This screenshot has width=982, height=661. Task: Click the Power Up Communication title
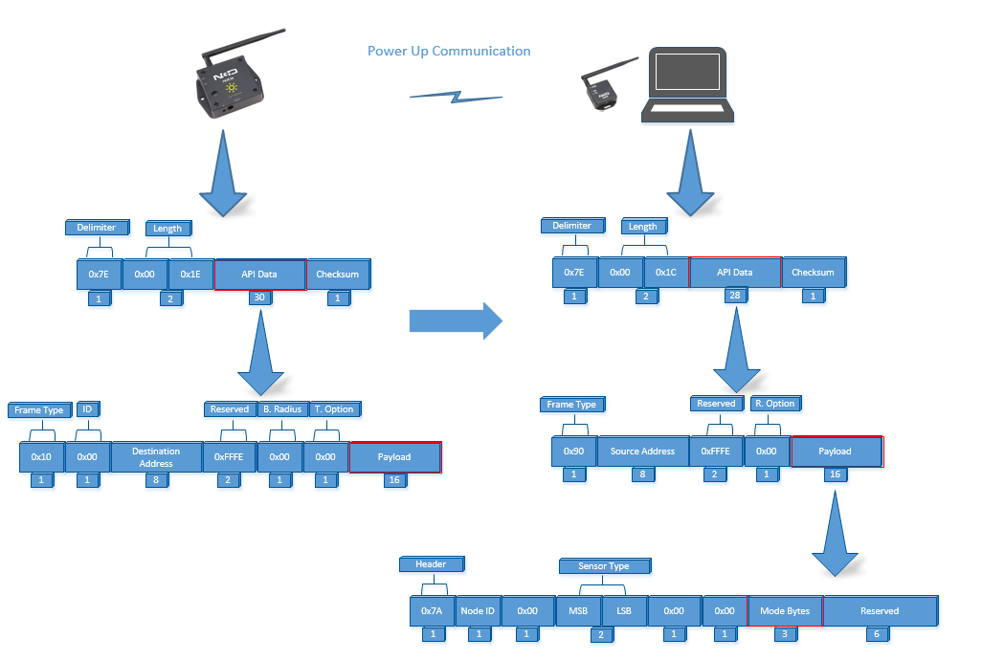point(449,51)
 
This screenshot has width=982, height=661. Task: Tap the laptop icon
point(687,84)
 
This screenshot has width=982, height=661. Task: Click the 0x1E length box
point(190,275)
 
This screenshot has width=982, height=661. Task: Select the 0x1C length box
point(666,273)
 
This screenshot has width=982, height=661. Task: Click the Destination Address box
point(156,457)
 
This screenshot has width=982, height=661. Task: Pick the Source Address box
point(642,452)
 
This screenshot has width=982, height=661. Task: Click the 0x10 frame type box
point(41,457)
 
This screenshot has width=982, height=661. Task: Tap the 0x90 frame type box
point(573,452)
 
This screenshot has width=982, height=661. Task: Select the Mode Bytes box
point(785,611)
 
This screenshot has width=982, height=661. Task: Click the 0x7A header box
point(432,611)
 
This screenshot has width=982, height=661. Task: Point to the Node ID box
point(478,611)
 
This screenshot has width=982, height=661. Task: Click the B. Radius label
point(282,409)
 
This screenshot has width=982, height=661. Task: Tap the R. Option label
point(775,404)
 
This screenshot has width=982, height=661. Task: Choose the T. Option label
point(334,409)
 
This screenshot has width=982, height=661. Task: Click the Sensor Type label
point(604,566)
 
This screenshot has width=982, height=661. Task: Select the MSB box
point(578,611)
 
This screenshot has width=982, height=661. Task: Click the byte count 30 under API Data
point(259,297)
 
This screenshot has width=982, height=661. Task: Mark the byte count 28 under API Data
point(735,296)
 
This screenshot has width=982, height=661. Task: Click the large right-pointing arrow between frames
point(456,321)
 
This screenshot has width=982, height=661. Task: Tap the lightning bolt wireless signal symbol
point(456,97)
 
